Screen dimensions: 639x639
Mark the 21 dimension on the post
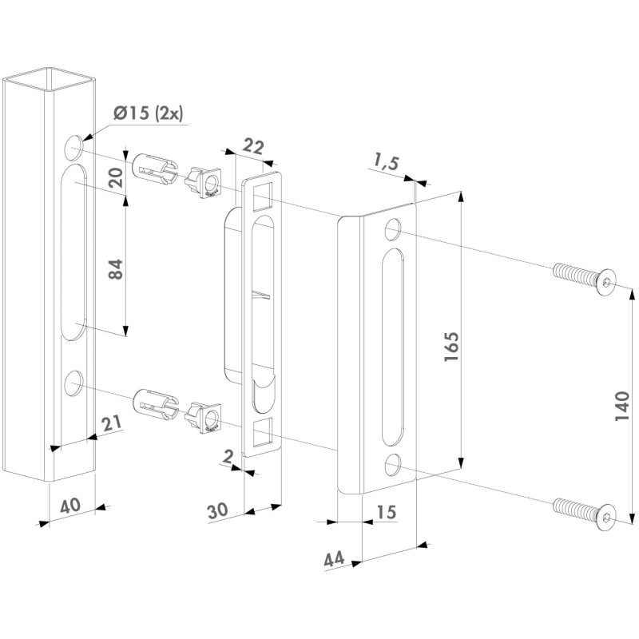112,423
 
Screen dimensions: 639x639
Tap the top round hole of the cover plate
392,229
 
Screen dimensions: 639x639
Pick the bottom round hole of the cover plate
391,464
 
